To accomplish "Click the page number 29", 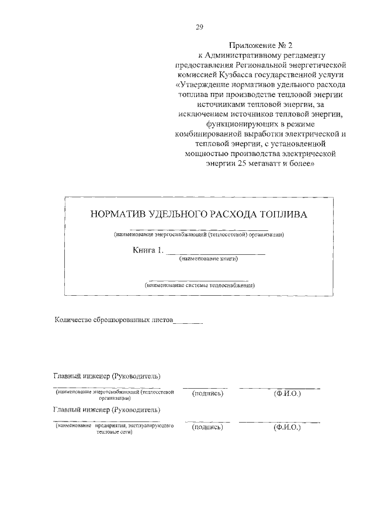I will coord(199,26).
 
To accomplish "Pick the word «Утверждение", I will coord(199,85).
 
